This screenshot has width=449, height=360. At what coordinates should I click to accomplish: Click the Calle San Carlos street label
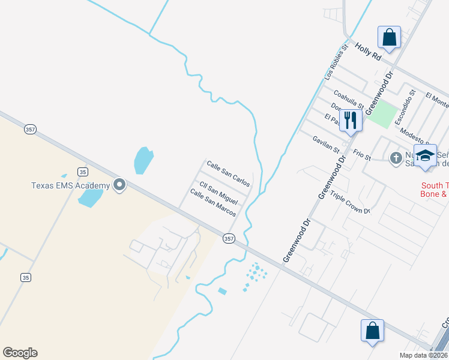coord(228,173)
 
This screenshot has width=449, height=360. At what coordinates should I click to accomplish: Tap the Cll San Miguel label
coord(218,193)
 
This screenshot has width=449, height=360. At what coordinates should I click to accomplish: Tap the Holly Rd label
coord(368,52)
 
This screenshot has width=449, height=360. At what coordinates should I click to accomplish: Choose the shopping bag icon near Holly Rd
coord(389,37)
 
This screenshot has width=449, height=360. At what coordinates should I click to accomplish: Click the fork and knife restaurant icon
coord(350,120)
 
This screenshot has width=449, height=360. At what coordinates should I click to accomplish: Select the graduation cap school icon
coord(425,155)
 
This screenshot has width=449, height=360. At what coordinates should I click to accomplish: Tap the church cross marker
coord(395,158)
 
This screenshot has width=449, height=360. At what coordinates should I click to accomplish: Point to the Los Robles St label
coord(336,62)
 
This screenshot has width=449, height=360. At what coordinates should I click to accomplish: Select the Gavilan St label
coord(326,144)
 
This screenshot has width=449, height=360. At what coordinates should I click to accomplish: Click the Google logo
coord(20,353)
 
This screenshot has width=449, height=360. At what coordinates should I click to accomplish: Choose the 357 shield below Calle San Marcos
coord(228,238)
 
